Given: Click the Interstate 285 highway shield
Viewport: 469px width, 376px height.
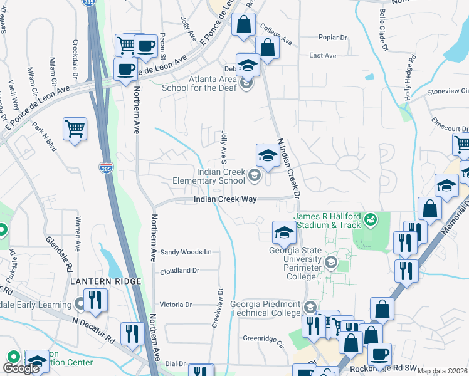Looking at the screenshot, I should pyautogui.click(x=105, y=167).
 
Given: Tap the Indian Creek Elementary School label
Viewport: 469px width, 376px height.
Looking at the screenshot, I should pyautogui.click(x=221, y=176).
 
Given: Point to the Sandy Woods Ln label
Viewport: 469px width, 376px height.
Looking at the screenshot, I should pyautogui.click(x=186, y=252).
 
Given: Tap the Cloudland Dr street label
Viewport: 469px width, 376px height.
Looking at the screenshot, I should pyautogui.click(x=179, y=271).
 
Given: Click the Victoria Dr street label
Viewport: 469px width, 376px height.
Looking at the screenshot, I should pyautogui.click(x=179, y=305).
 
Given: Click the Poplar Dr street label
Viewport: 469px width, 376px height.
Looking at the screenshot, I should pyautogui.click(x=332, y=38).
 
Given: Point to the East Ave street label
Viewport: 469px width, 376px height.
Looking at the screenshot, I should pyautogui.click(x=323, y=56).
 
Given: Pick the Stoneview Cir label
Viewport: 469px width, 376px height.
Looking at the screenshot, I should pyautogui.click(x=447, y=91).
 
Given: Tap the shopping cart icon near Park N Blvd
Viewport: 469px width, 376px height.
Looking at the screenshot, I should pyautogui.click(x=75, y=129).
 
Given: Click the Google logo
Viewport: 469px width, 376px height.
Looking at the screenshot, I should pyautogui.click(x=21, y=368).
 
